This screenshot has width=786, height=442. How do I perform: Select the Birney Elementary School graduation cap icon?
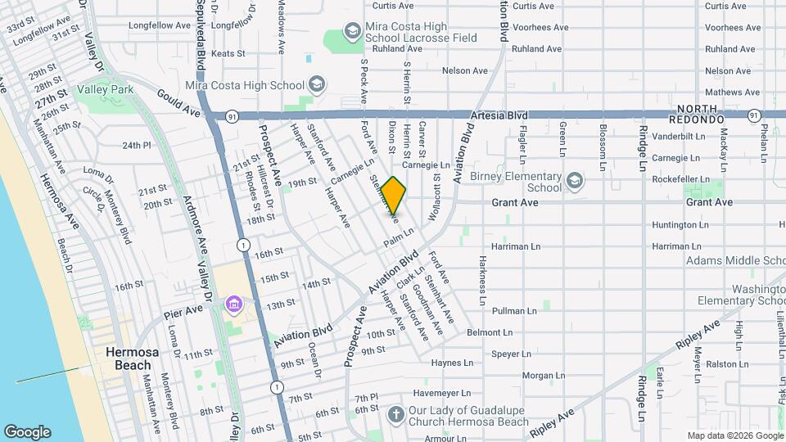click(575, 180)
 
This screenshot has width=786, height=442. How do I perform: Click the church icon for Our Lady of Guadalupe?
click(396, 415)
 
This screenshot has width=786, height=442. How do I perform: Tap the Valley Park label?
click(105, 88)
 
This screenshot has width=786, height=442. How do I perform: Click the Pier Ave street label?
click(182, 312)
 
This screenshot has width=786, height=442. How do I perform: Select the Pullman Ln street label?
click(514, 311)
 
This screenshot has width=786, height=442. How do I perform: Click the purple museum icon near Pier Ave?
click(234, 305)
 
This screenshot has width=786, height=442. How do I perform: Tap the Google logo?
click(27, 432)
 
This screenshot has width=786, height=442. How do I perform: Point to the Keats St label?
click(228, 54)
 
